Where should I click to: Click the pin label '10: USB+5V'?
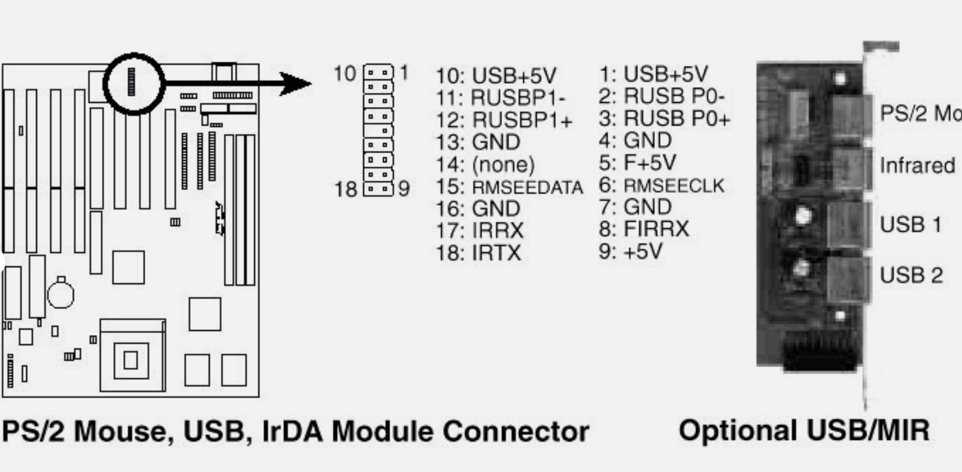[495, 76]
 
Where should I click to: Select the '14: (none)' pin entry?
[485, 165]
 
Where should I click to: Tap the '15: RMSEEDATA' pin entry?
[509, 188]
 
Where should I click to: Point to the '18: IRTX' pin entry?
[478, 253]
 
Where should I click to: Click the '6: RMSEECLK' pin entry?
[661, 185]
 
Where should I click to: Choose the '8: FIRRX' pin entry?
[643, 229]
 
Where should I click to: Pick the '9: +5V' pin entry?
[630, 251]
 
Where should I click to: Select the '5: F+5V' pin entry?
[637, 163]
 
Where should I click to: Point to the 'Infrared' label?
[917, 166]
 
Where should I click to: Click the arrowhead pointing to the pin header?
[295, 83]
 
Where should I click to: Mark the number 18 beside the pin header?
[345, 189]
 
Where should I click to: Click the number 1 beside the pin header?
[404, 73]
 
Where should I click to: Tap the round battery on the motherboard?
[61, 294]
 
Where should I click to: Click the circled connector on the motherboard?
[132, 82]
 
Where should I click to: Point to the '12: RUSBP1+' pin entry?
[503, 121]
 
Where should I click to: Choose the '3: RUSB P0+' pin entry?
[664, 119]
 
